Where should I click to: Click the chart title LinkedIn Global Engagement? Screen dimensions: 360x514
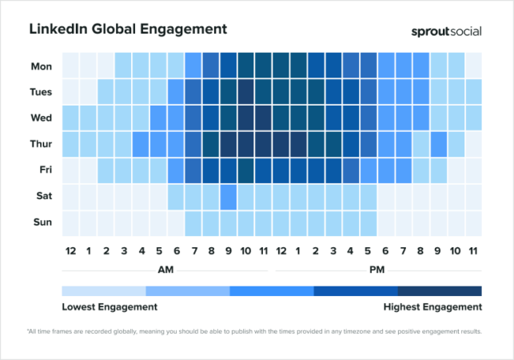point(128,30)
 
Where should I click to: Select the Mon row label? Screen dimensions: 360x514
point(42,65)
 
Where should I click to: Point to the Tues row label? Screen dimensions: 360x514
point(41,91)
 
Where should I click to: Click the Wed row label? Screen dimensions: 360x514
point(42,118)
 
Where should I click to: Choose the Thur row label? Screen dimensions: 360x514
point(41,144)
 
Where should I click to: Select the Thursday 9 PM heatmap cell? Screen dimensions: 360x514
point(438,144)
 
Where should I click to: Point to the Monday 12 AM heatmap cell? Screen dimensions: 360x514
point(70,65)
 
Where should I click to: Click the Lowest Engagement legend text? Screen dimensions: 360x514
point(110,306)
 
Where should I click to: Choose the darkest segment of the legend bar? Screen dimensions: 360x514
point(440,291)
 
